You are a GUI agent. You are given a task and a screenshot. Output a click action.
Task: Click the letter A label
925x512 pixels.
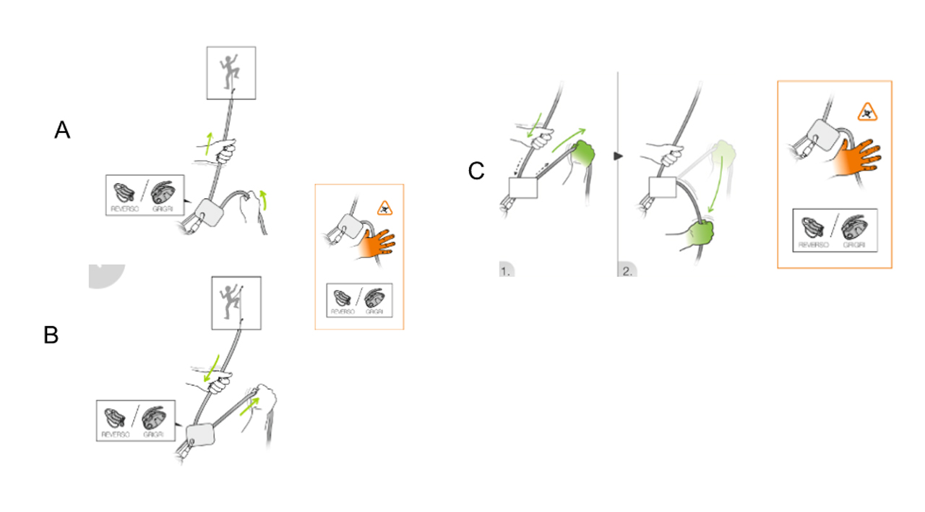[63, 130]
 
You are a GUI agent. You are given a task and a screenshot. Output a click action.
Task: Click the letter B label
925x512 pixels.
[51, 336]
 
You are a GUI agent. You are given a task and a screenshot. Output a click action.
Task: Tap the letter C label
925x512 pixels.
[476, 171]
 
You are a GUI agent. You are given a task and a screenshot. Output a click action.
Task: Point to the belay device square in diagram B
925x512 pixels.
[202, 436]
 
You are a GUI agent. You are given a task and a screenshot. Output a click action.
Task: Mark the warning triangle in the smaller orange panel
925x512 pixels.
[384, 210]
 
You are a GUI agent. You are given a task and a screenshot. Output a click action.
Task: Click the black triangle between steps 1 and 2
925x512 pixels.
[617, 155]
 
